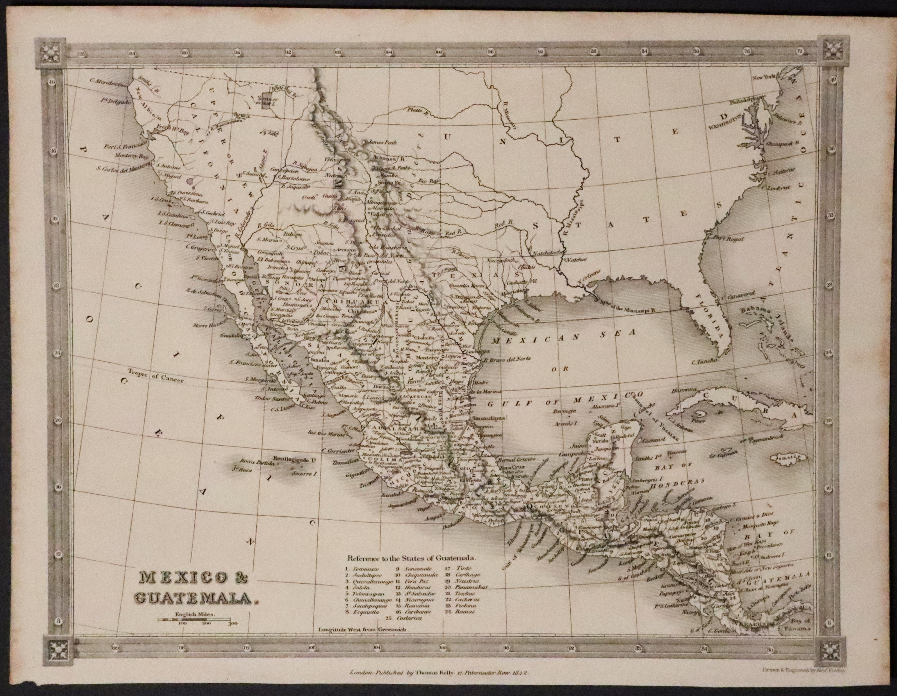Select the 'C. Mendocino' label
click(x=108, y=82)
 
